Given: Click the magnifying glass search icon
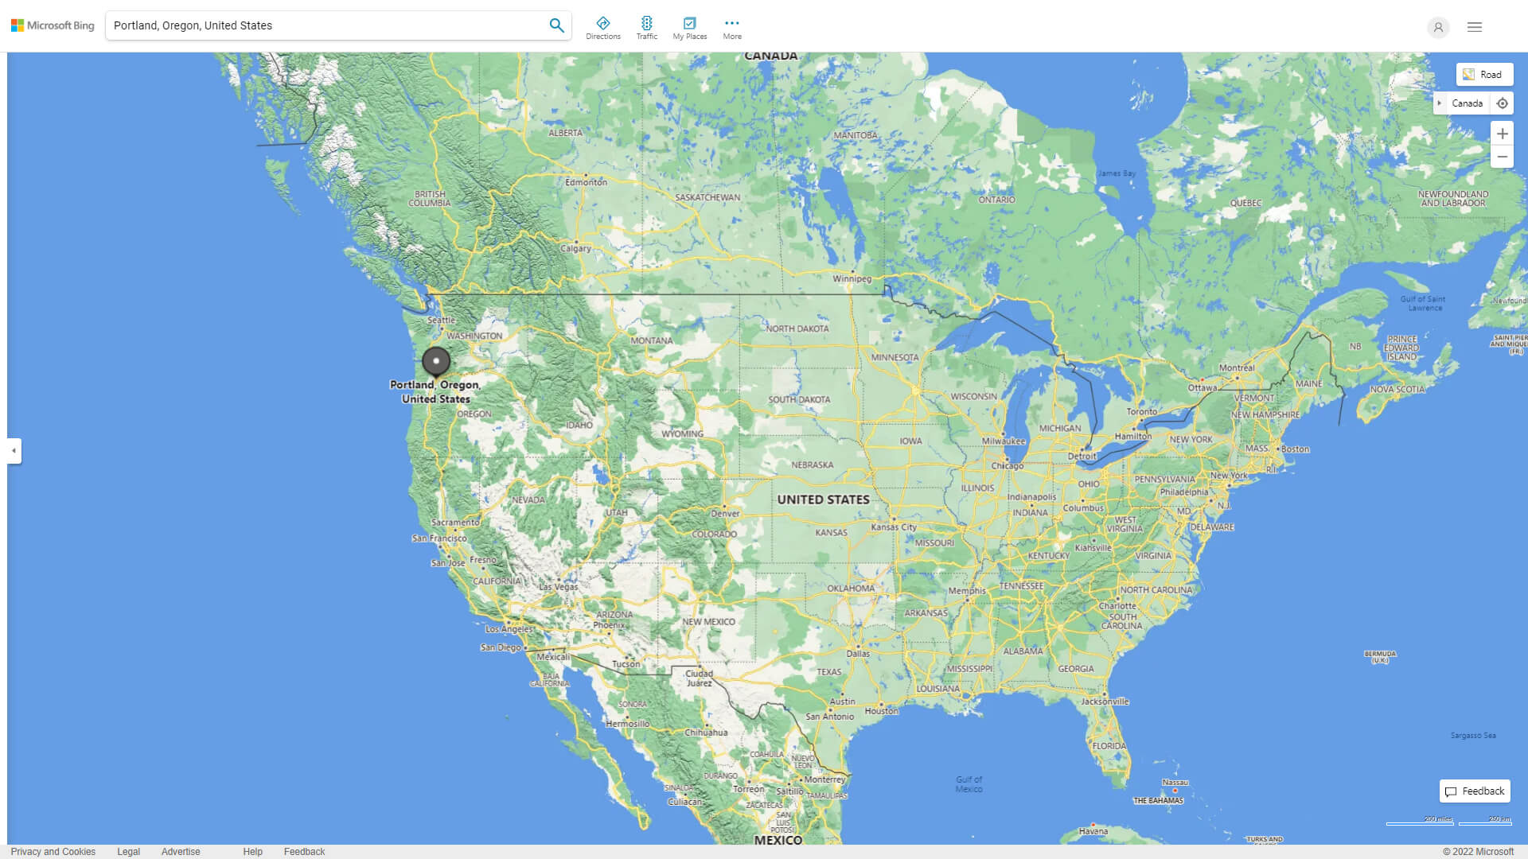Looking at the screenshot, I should pyautogui.click(x=556, y=25).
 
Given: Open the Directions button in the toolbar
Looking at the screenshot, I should pyautogui.click(x=603, y=28).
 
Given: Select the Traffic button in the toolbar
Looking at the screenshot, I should pyautogui.click(x=647, y=28).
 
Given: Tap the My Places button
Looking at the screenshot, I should pyautogui.click(x=689, y=28).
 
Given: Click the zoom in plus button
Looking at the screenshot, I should pyautogui.click(x=1502, y=134).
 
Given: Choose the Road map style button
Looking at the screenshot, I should pyautogui.click(x=1484, y=75).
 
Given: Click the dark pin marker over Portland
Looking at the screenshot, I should pyautogui.click(x=436, y=361).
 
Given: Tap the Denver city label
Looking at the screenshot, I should pyautogui.click(x=725, y=513).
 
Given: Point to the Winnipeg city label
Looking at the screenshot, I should pyautogui.click(x=852, y=278).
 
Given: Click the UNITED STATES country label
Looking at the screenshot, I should pyautogui.click(x=823, y=499).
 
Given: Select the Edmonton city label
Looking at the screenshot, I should pyautogui.click(x=586, y=182).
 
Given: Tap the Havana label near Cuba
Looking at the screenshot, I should pyautogui.click(x=1093, y=831).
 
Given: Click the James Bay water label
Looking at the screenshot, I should pyautogui.click(x=1117, y=173).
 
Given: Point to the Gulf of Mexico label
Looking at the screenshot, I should pyautogui.click(x=969, y=784).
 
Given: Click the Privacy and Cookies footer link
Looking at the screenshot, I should pyautogui.click(x=53, y=852).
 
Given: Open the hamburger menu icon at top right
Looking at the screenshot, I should pyautogui.click(x=1475, y=27).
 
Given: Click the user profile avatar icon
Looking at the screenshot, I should pyautogui.click(x=1438, y=27).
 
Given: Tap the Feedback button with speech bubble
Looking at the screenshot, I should pyautogui.click(x=1475, y=791).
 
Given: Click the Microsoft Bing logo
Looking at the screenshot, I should pyautogui.click(x=53, y=25).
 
